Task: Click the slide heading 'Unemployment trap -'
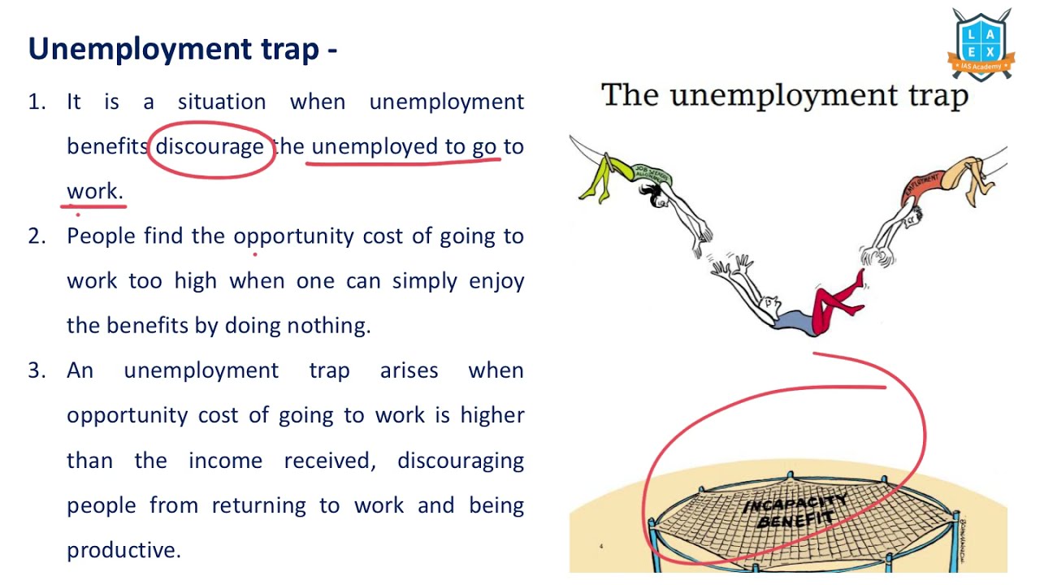point(183,50)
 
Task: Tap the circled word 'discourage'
point(210,147)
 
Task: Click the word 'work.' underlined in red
point(95,192)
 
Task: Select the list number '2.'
point(37,236)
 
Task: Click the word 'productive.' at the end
point(123,550)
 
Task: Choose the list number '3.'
point(37,370)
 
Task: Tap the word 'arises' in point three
point(409,370)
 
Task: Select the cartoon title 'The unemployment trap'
point(785,96)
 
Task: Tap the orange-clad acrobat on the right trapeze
point(951,183)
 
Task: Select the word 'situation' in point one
point(222,102)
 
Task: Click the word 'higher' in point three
point(492,415)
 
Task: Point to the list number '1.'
point(37,102)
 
